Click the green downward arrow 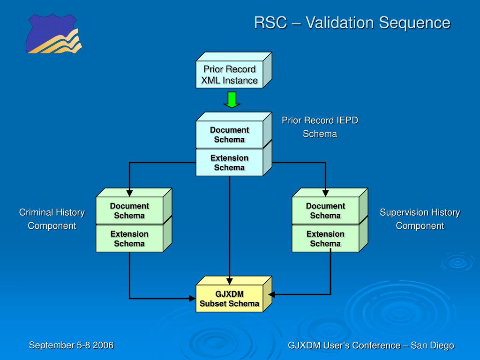click(x=232, y=100)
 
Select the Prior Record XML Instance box click(x=233, y=70)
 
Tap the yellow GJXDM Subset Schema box click(x=233, y=294)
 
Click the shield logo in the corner click(x=54, y=33)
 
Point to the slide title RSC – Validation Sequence click(x=352, y=22)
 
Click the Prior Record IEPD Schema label click(x=320, y=127)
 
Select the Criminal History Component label click(x=52, y=219)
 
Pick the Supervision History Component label click(x=420, y=219)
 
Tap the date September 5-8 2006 click(x=71, y=345)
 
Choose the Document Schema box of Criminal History click(x=134, y=206)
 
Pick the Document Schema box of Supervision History click(x=330, y=206)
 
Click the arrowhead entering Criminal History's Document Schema click(x=129, y=193)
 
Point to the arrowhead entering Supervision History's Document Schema click(x=325, y=193)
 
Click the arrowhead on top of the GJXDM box click(x=229, y=281)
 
